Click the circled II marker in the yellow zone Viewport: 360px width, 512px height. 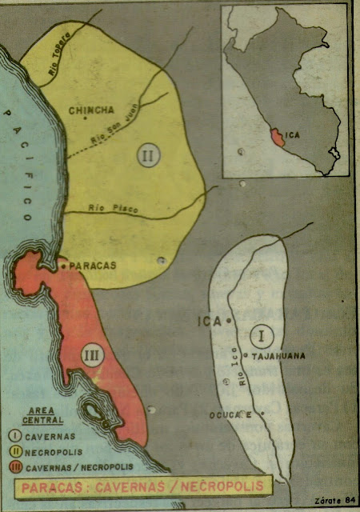click(146, 155)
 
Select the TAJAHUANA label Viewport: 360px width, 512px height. click(279, 357)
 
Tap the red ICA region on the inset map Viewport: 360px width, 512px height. click(277, 137)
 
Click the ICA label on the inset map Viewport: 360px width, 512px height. click(295, 136)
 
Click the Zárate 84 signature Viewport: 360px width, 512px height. click(335, 501)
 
